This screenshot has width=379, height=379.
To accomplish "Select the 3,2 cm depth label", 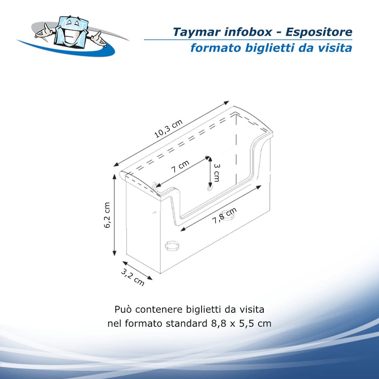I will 132,277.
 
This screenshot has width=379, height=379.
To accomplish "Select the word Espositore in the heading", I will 319,32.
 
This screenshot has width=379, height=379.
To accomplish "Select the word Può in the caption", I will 123,309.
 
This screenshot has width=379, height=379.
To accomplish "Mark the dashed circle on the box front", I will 172,246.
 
